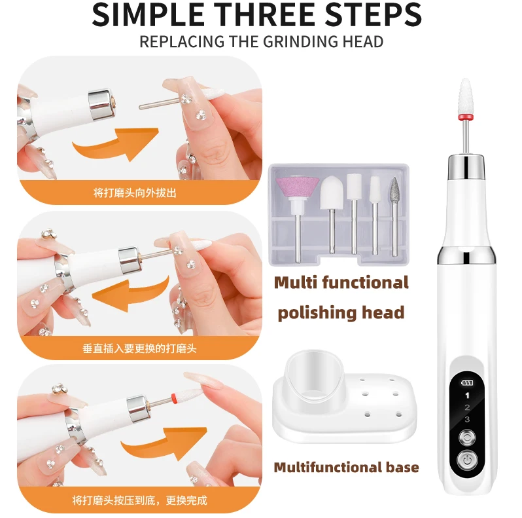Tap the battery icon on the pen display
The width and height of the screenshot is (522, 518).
(466, 384)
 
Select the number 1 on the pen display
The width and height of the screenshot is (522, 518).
(466, 396)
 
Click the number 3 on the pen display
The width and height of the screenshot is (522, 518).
(466, 419)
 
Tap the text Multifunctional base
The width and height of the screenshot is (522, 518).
(346, 467)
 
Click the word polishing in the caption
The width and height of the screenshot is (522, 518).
(315, 312)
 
